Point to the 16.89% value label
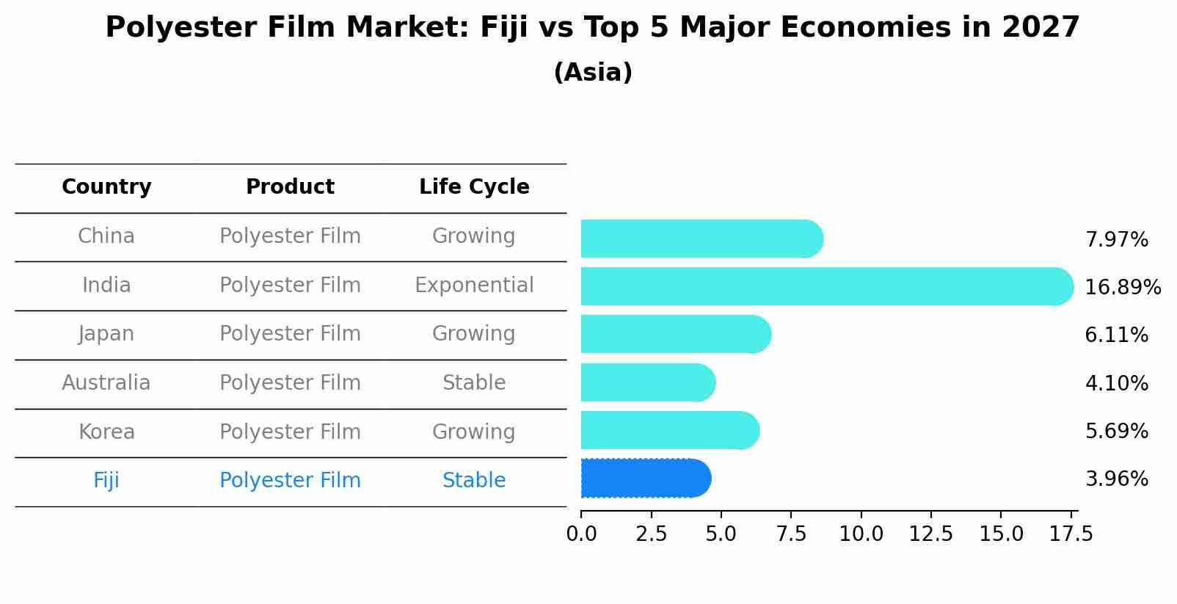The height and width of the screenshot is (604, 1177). [x=1122, y=287]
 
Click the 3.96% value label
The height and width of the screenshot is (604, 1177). [x=1116, y=479]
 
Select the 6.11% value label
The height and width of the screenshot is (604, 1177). [x=1116, y=335]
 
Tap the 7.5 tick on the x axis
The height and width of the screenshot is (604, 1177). [x=791, y=534]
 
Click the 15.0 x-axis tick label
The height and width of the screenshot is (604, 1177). [x=1001, y=534]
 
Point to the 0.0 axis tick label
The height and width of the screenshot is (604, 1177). [x=581, y=534]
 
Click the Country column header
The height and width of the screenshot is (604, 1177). [x=106, y=187]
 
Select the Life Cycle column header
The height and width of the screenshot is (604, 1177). [x=474, y=187]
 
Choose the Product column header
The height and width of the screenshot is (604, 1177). [x=290, y=187]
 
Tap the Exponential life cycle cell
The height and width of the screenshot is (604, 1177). [x=474, y=285]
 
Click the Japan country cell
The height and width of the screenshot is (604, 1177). [x=106, y=334]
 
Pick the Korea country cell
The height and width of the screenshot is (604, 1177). [x=106, y=432]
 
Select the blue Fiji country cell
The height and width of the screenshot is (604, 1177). [x=106, y=481]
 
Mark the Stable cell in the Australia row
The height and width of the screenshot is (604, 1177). [x=474, y=383]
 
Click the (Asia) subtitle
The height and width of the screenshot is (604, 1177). [x=593, y=73]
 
